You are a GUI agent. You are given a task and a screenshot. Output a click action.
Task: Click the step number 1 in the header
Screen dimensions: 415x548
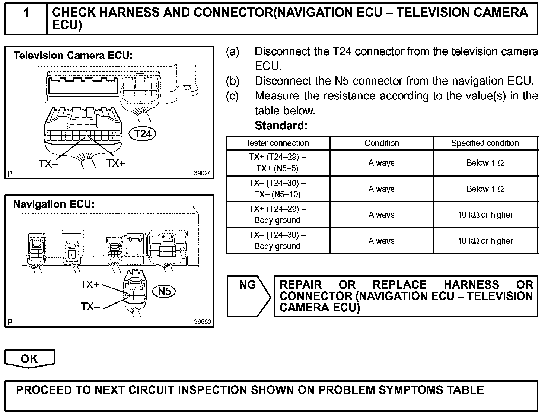click(x=26, y=13)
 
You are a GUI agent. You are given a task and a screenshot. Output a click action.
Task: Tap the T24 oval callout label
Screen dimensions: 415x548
click(x=142, y=134)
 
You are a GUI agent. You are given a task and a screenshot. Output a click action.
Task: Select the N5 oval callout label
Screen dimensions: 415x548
click(x=164, y=291)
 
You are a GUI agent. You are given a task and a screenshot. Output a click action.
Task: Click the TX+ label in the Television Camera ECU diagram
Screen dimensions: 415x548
click(x=115, y=163)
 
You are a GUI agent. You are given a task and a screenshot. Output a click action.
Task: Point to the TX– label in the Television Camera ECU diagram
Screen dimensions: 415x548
click(x=48, y=164)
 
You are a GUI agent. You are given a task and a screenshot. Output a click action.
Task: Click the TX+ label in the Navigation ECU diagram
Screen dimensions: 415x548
click(x=90, y=285)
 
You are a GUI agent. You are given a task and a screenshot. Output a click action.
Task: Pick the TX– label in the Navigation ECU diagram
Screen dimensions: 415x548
click(x=90, y=307)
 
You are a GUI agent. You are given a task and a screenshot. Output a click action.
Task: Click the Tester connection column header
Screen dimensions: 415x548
click(x=277, y=143)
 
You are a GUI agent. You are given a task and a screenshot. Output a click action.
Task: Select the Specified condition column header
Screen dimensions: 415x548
click(x=485, y=143)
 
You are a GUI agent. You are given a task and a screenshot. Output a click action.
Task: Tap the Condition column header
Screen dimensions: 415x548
click(x=382, y=143)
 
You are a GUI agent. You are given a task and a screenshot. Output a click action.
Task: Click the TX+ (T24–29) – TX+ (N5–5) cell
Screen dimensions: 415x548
click(x=277, y=163)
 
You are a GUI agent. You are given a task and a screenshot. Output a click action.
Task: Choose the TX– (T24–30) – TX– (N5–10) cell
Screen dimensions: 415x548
click(x=277, y=189)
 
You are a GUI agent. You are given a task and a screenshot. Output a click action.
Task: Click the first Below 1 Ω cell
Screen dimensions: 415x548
click(x=485, y=163)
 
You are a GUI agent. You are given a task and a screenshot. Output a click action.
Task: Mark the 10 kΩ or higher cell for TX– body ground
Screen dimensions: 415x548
click(x=485, y=241)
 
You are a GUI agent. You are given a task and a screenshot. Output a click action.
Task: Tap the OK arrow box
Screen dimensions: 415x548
click(x=29, y=359)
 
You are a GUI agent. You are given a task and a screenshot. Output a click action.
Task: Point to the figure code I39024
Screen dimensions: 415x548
click(x=201, y=173)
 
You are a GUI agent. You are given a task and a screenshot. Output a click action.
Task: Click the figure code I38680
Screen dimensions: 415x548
click(x=201, y=322)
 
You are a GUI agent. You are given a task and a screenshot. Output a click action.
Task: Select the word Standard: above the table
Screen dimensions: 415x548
click(x=281, y=126)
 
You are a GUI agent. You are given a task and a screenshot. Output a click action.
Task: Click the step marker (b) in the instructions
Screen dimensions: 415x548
click(x=233, y=81)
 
